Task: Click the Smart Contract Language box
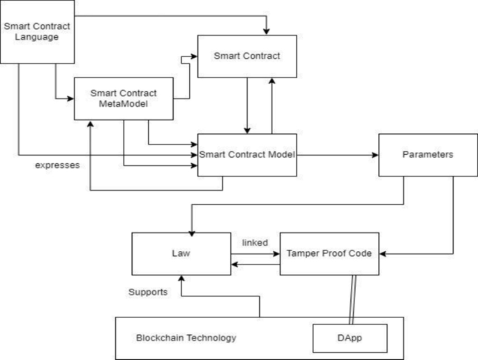click(36, 31)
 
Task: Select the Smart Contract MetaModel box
click(124, 98)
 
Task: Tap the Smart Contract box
click(247, 56)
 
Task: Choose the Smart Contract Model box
click(247, 154)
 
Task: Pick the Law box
click(182, 254)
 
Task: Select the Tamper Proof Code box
click(329, 254)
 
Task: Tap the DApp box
click(348, 338)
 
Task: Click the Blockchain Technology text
click(186, 338)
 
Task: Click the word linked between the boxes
click(255, 242)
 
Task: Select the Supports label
click(147, 292)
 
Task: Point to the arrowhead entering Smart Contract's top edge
click(266, 31)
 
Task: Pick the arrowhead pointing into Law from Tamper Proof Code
click(236, 264)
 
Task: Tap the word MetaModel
click(124, 104)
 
